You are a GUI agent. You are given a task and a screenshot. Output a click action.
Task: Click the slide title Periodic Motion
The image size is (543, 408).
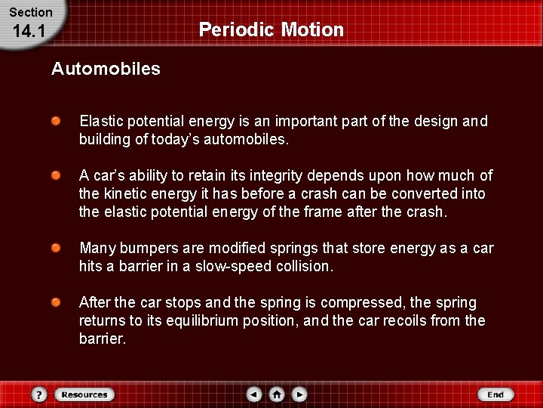coord(271,30)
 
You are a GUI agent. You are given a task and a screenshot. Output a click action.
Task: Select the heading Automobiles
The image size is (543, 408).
coord(106,69)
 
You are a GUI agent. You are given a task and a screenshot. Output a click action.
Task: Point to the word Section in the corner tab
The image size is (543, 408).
coord(30,12)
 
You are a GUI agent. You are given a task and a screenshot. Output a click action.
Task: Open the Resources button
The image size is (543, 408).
coord(84,394)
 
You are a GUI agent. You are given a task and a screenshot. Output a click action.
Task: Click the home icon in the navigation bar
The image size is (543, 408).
coord(277,394)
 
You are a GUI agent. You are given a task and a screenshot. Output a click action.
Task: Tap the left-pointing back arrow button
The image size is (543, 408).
coord(254,394)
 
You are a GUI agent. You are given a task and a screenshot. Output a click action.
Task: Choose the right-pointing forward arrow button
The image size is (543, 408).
coord(299,394)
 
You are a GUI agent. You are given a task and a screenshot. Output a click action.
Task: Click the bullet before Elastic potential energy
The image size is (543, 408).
coord(57,121)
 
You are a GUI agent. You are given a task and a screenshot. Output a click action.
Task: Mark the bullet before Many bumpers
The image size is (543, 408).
coord(57,248)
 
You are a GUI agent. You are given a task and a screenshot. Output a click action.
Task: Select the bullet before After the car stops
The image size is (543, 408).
coord(57,302)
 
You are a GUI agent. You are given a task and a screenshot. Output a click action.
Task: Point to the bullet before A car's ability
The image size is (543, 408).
coord(57,175)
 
